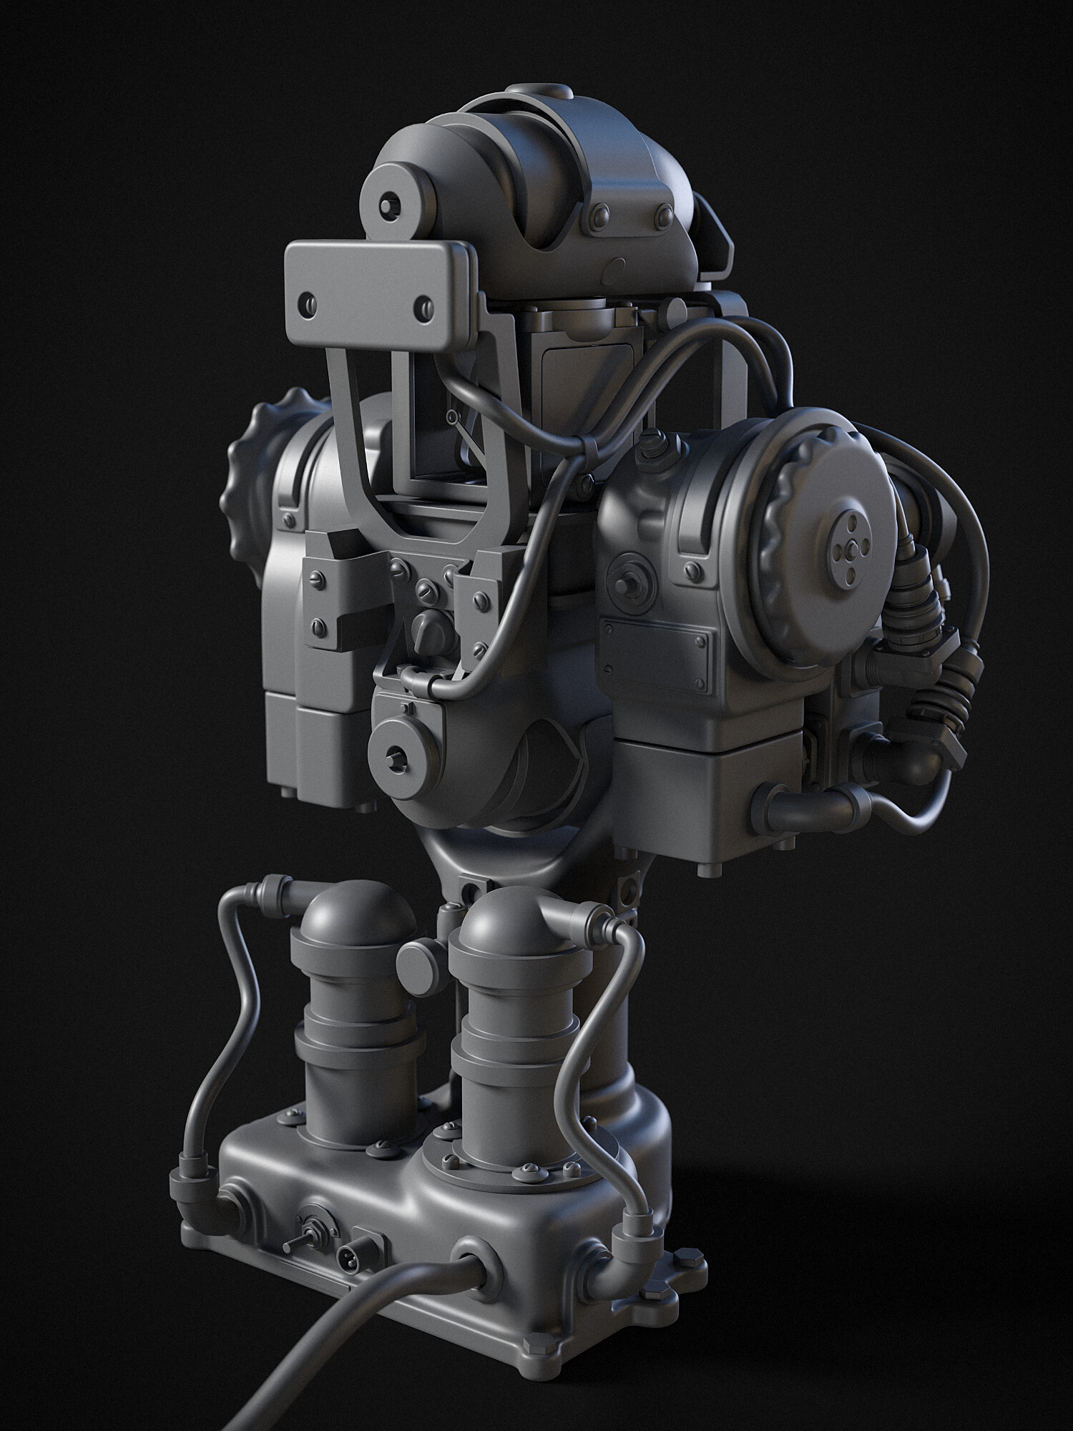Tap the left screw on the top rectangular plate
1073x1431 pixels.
pyautogui.click(x=308, y=300)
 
